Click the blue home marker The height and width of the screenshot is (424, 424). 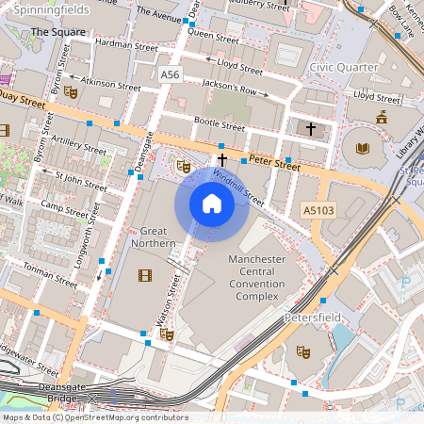[x=212, y=203]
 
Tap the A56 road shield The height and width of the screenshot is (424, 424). [x=170, y=73]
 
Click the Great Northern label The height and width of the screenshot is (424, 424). [x=158, y=237]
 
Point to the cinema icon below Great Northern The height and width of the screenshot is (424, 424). [x=144, y=275]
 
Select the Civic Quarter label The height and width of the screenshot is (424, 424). [x=346, y=67]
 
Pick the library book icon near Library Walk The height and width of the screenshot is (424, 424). [x=363, y=147]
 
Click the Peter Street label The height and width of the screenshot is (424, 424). [x=274, y=163]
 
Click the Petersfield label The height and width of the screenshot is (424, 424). [x=312, y=318]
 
